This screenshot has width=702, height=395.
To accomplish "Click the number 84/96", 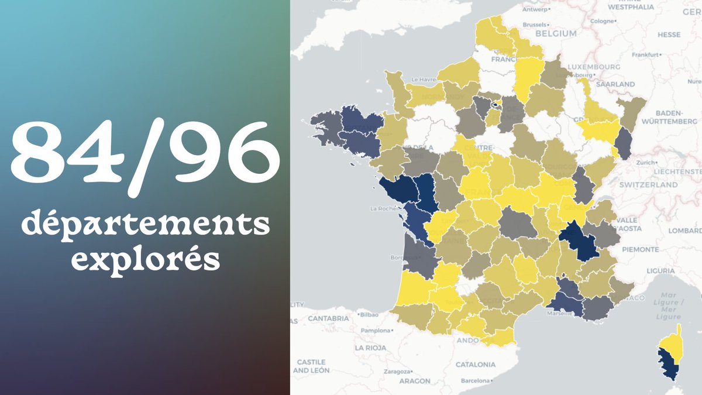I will (144, 152).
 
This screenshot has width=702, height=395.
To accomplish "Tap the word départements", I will (146, 225).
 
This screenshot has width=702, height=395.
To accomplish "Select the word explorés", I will (146, 259).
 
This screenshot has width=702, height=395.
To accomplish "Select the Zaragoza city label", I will (398, 372).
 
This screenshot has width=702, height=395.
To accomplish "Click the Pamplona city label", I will (374, 331).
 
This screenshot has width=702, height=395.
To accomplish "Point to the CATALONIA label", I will (475, 364).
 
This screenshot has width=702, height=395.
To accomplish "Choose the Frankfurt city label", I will (646, 55).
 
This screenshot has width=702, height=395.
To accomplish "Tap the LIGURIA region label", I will (662, 270).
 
